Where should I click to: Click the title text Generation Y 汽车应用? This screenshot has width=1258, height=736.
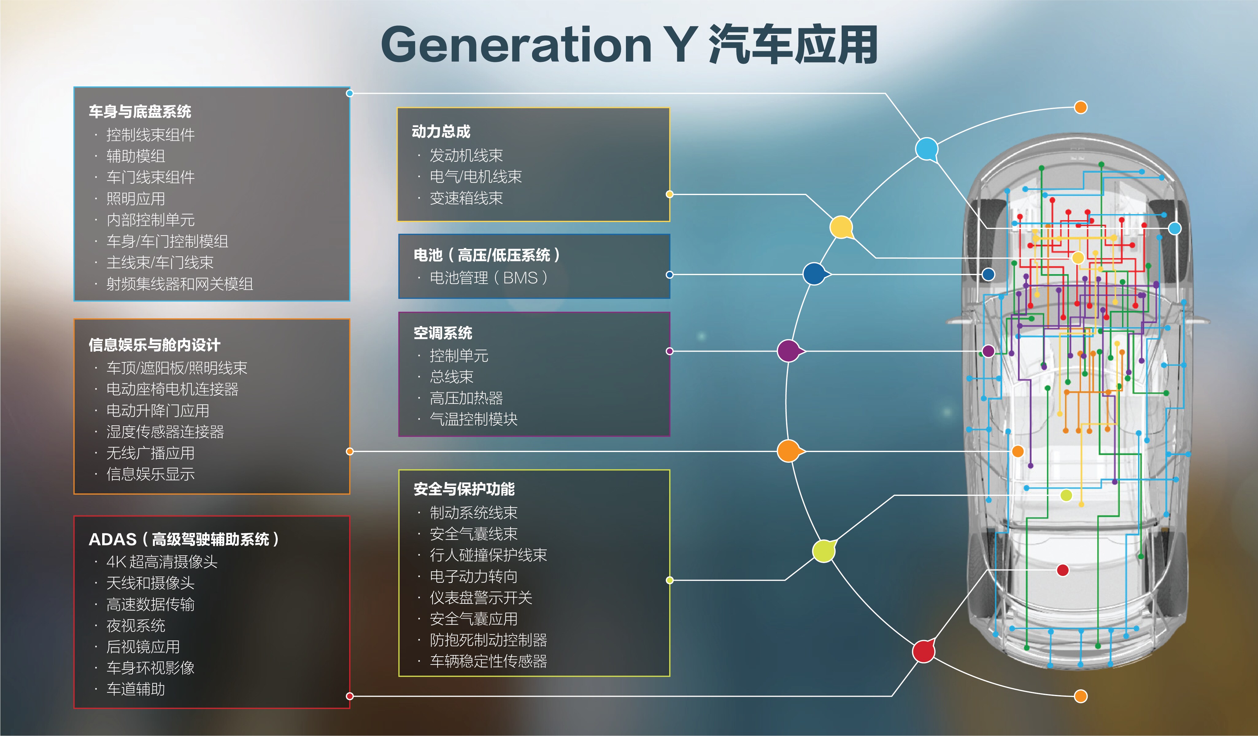(629, 45)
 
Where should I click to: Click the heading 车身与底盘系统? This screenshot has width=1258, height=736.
(140, 111)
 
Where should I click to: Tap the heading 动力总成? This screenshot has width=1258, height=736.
(441, 132)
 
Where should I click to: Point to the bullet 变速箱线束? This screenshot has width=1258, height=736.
(466, 198)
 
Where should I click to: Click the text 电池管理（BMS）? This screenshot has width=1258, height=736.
(489, 278)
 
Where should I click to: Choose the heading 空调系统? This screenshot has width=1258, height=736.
(443, 333)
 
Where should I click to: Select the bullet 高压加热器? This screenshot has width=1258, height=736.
(466, 398)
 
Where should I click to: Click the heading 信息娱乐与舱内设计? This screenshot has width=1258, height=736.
(154, 345)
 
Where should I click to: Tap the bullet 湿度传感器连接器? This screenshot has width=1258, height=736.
(165, 431)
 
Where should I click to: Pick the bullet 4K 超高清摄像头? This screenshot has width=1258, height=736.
(162, 562)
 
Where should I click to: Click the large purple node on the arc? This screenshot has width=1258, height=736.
(789, 351)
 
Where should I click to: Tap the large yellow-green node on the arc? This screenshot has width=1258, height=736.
(824, 551)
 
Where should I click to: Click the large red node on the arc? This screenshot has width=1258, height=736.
(924, 651)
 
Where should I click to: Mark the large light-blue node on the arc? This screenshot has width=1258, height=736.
(927, 149)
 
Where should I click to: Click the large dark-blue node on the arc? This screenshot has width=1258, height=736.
(815, 274)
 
